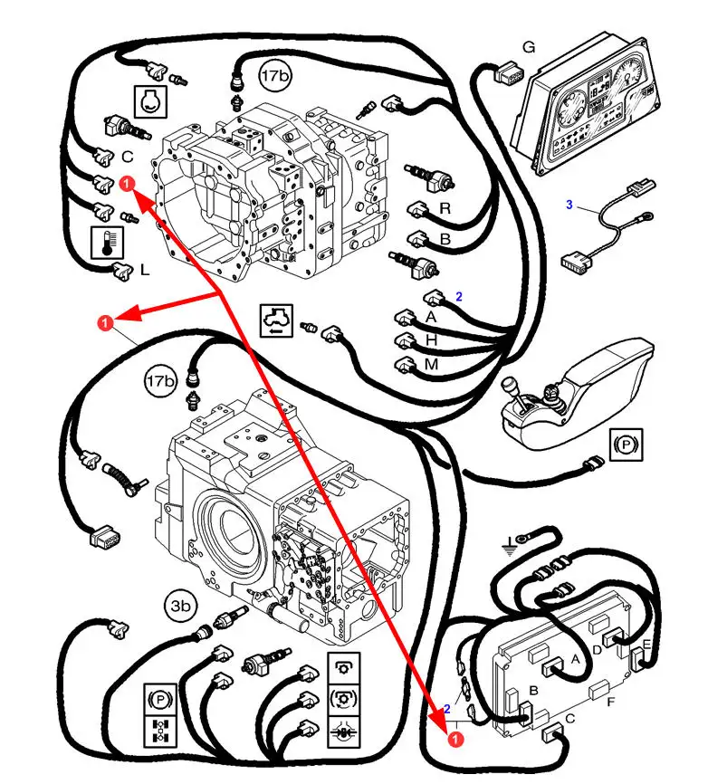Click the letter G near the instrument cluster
pyautogui.click(x=530, y=47)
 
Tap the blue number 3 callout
pyautogui.click(x=569, y=206)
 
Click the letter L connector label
pyautogui.click(x=144, y=270)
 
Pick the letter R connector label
pyautogui.click(x=445, y=208)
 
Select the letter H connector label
pyautogui.click(x=432, y=339)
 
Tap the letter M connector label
pyautogui.click(x=431, y=363)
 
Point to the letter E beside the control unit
pyautogui.click(x=646, y=645)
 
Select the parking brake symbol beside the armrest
pyautogui.click(x=624, y=445)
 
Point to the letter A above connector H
pyautogui.click(x=431, y=317)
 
